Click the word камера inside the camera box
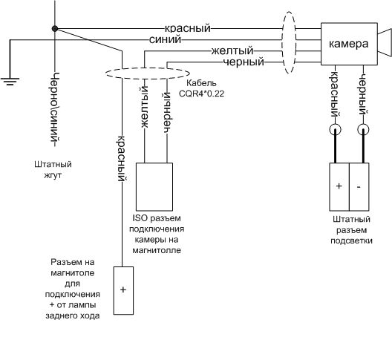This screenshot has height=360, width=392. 348,44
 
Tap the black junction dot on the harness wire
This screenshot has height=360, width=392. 55,29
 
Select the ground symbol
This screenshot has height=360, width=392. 10,82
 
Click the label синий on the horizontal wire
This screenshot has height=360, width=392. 165,39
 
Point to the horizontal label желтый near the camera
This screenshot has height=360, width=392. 232,51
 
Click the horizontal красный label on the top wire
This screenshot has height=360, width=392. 188,28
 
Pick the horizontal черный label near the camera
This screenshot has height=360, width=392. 244,62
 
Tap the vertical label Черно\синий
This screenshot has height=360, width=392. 55,110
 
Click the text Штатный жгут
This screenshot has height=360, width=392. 53,169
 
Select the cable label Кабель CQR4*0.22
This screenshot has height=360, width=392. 201,88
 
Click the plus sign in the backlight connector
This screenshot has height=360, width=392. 339,186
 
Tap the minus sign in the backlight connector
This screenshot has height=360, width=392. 359,187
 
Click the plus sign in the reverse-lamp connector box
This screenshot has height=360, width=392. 123,289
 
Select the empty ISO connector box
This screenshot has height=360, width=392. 154,187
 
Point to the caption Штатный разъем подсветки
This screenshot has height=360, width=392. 351,230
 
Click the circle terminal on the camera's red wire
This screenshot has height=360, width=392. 336,130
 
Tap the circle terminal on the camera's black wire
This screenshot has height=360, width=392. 363,130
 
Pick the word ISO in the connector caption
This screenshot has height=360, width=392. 140,218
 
